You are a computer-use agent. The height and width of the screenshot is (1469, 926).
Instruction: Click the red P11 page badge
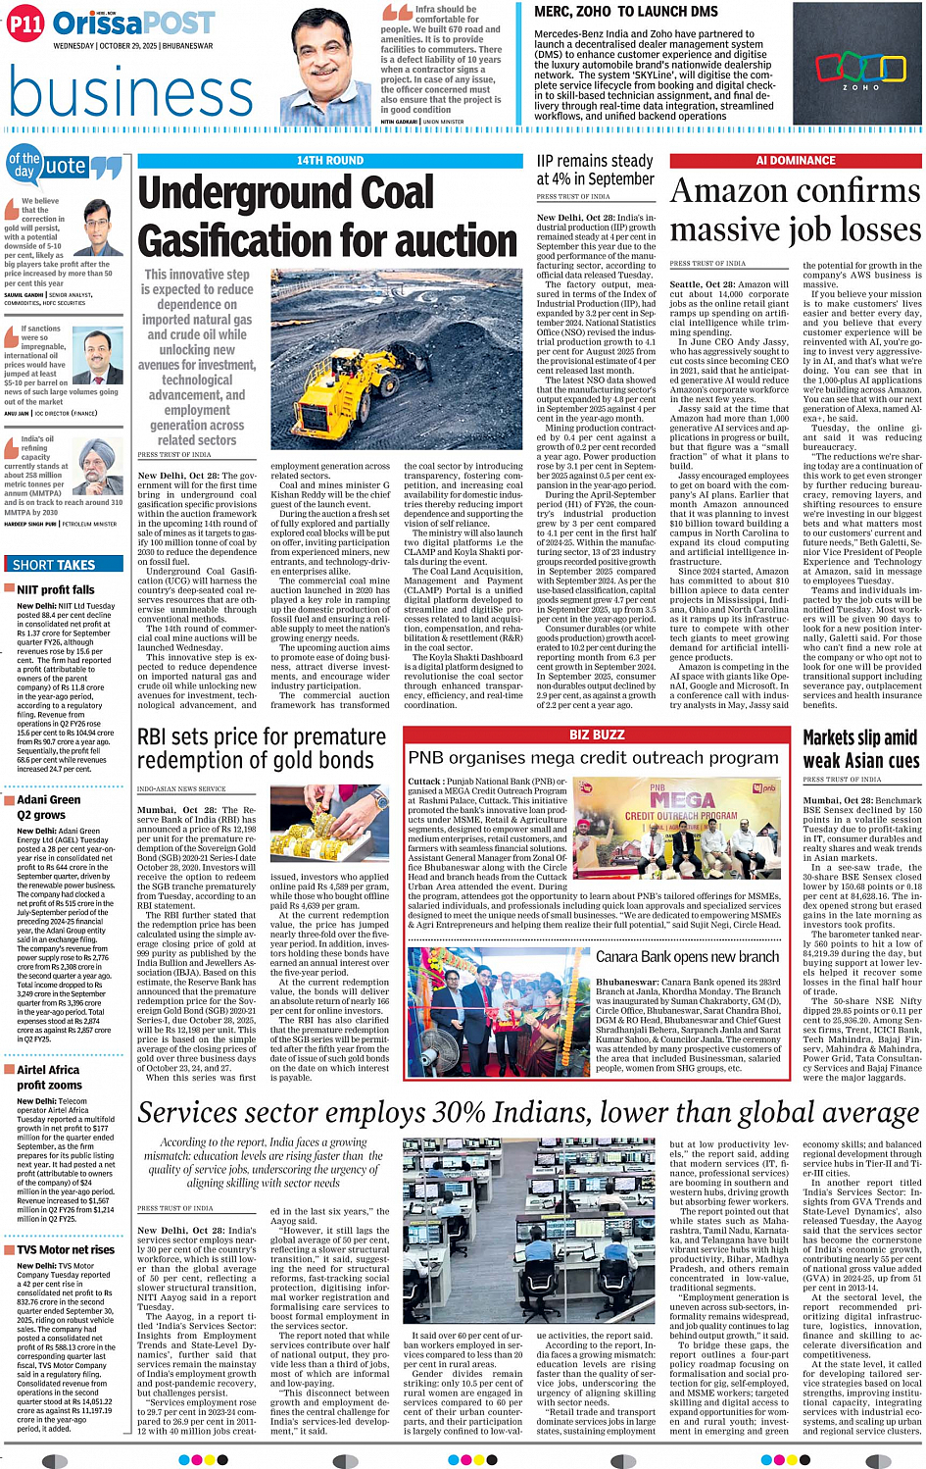pos(25,25)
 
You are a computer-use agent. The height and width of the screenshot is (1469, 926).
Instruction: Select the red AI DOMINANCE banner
pos(795,160)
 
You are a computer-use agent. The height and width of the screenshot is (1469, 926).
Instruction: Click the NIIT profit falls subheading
pos(56,589)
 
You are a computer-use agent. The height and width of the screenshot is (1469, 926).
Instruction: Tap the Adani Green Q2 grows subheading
pos(48,807)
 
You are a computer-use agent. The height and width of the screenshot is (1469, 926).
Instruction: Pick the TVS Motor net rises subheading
pos(65,1249)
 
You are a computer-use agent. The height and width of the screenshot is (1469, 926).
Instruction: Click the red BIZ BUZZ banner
pos(597,734)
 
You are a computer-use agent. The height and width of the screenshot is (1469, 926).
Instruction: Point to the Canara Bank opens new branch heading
pos(687,957)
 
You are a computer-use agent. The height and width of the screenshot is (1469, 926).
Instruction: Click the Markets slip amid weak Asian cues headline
pos(859,748)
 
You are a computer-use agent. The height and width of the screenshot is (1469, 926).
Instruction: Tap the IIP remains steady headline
pos(595,170)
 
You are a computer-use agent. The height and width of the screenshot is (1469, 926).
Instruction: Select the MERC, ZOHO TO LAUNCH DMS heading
pos(625,12)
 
